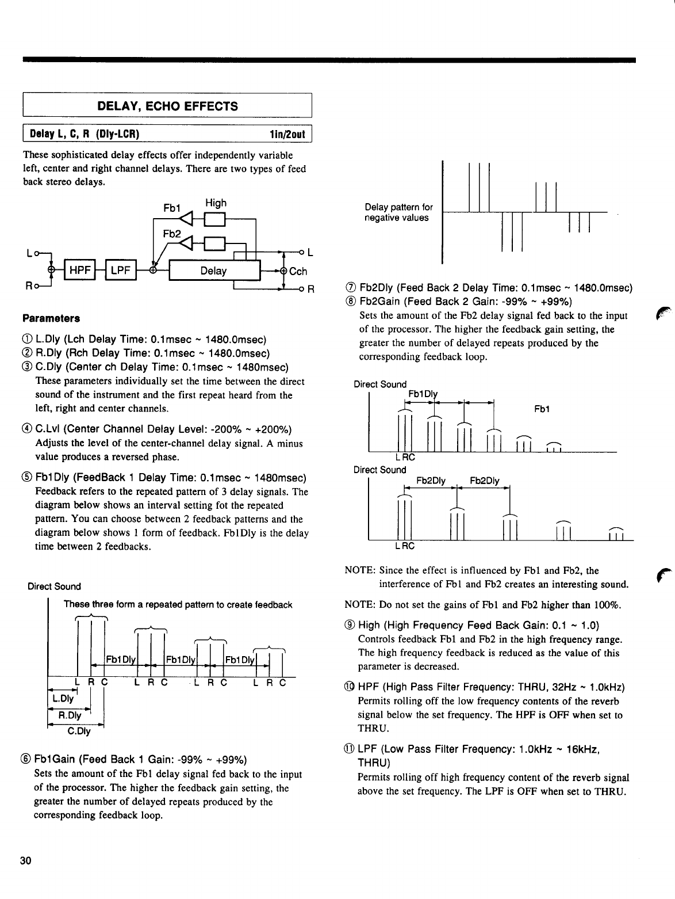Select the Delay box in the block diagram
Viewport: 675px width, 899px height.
(213, 271)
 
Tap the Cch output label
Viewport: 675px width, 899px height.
(298, 272)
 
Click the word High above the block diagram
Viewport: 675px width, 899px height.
(216, 203)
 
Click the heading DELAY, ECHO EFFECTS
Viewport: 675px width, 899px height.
(167, 106)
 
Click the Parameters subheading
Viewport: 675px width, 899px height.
(51, 318)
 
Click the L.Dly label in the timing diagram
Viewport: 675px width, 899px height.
(63, 699)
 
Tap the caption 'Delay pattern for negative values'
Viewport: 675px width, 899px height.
(398, 212)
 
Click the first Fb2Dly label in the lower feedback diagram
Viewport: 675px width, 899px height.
(431, 481)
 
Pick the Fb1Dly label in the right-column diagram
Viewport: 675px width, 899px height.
(423, 394)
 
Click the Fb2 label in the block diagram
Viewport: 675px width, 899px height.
(171, 234)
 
